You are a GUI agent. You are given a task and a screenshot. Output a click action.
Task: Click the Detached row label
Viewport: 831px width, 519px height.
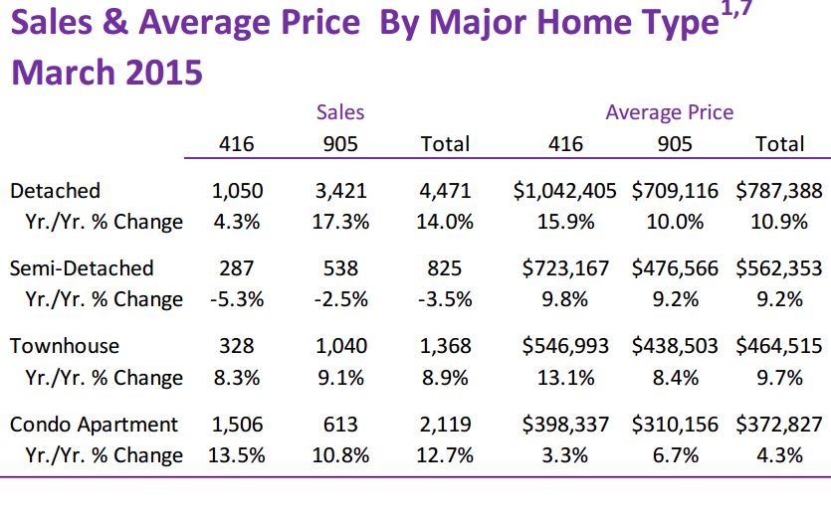click(x=55, y=190)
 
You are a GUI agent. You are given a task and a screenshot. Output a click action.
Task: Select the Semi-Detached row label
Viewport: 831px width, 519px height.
click(x=82, y=267)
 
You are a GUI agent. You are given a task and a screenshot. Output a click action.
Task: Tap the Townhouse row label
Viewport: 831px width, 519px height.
click(x=64, y=346)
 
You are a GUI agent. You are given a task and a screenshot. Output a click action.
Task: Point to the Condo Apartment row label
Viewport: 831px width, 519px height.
click(x=94, y=425)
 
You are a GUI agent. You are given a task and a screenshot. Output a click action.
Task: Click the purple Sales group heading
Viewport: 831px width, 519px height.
click(x=340, y=112)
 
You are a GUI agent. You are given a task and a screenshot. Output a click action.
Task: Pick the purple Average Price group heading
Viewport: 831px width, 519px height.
click(x=669, y=112)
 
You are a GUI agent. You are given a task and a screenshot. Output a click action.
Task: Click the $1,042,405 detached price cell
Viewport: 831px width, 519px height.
click(x=565, y=190)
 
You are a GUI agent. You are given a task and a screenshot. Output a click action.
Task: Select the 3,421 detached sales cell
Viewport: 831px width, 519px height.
click(x=340, y=190)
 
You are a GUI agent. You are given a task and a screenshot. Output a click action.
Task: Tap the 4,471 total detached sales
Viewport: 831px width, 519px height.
click(x=445, y=190)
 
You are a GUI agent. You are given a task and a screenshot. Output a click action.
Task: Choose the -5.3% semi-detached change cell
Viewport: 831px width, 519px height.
click(x=237, y=299)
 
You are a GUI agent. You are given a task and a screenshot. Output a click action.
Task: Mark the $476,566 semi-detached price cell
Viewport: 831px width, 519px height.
click(x=675, y=267)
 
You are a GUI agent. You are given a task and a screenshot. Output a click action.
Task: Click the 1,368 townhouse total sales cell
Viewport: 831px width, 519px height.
click(x=445, y=346)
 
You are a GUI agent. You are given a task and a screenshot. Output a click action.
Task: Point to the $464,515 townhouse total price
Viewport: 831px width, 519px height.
click(x=780, y=346)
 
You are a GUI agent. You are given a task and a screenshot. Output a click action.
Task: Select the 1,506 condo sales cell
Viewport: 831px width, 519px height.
click(x=237, y=425)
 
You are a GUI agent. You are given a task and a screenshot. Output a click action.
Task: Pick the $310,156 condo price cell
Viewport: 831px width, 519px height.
click(x=675, y=425)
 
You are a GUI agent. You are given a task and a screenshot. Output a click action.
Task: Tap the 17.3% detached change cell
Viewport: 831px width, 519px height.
click(x=340, y=222)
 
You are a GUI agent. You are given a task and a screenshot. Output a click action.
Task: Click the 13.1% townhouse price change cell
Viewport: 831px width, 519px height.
click(x=565, y=378)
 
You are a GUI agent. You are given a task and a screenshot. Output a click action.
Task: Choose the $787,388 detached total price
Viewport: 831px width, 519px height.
click(x=780, y=190)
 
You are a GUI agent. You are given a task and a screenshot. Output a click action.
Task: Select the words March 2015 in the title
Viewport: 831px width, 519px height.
click(x=106, y=72)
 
